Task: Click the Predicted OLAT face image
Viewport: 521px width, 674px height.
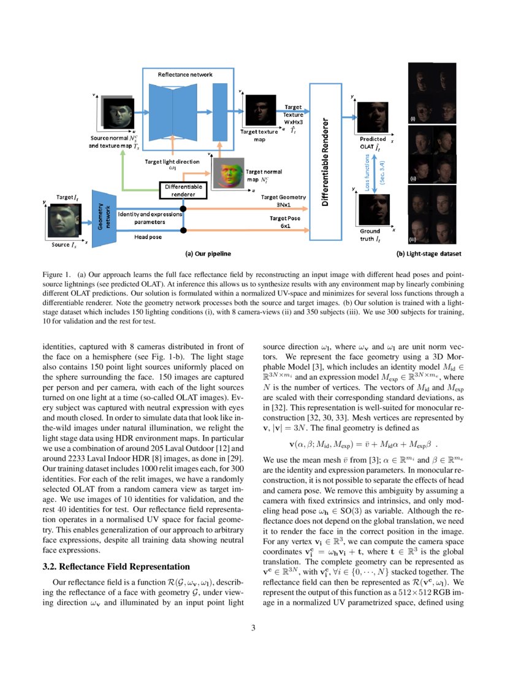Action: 373,115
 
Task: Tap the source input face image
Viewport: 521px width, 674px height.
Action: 64,222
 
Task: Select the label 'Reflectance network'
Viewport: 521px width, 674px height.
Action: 185,74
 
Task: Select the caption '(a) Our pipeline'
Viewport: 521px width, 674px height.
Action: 208,252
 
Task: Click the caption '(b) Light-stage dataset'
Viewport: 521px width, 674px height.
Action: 428,252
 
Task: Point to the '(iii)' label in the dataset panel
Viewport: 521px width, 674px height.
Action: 413,239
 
